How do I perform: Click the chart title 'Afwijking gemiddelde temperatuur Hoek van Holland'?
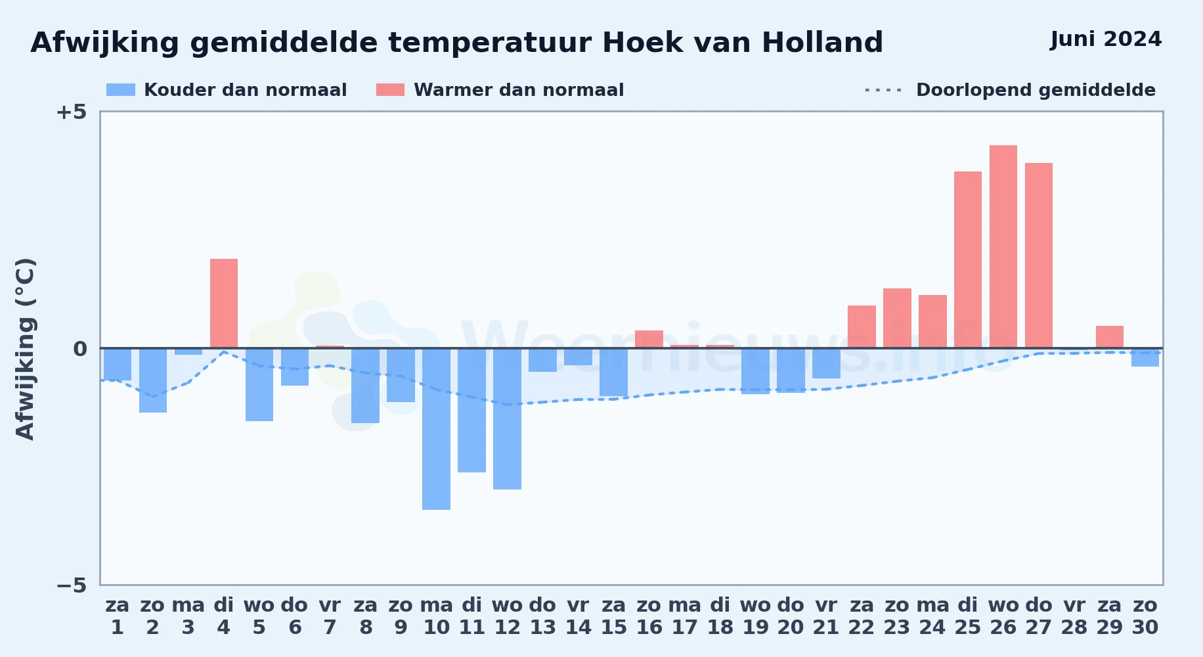[456, 43]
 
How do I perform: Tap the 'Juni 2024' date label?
[1106, 39]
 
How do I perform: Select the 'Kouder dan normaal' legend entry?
[227, 90]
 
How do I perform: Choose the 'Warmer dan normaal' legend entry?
[500, 90]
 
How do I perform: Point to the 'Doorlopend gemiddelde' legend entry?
[1011, 90]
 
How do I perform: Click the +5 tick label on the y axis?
[72, 112]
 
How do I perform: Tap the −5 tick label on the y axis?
[72, 585]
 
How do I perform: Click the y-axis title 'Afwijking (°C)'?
[25, 349]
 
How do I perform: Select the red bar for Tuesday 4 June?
[224, 304]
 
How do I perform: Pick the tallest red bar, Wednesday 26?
[1003, 247]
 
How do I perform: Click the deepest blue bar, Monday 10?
[437, 429]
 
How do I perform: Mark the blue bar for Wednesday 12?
[508, 419]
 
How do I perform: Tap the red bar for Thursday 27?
[1039, 256]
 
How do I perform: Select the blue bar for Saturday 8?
[366, 386]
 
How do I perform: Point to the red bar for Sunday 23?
[897, 319]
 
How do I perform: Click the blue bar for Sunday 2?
[153, 380]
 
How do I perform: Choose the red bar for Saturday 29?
[1110, 337]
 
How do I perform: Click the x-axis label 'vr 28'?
[1074, 616]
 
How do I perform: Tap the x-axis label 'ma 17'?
[685, 616]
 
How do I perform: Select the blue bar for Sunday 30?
[1145, 357]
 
